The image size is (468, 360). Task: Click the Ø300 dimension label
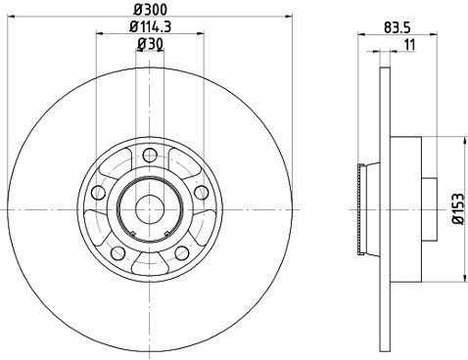(x=150, y=10)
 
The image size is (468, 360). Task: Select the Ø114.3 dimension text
(x=150, y=26)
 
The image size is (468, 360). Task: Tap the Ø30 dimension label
(x=150, y=44)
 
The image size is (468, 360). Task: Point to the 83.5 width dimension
(x=397, y=27)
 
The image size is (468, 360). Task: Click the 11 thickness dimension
(x=409, y=45)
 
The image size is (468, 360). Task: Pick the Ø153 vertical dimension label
(x=458, y=208)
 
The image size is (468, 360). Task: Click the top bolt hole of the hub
(x=150, y=155)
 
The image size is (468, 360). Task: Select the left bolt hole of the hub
(x=99, y=193)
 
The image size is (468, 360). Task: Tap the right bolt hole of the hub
(x=201, y=192)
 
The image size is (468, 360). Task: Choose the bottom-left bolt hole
(x=118, y=252)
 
